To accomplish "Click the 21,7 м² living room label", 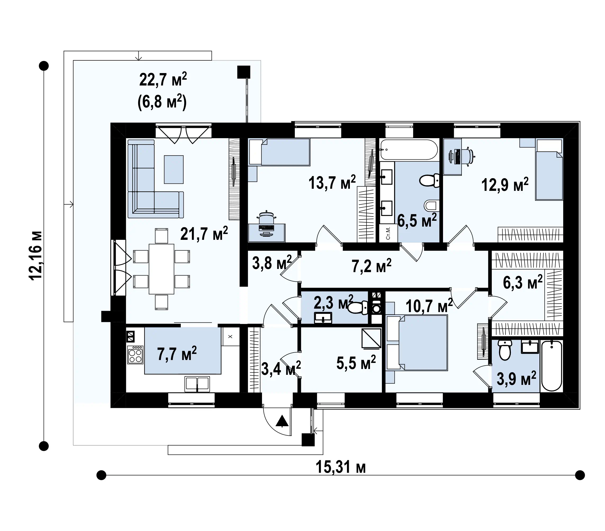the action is coord(204,234).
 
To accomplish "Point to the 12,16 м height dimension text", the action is coord(36,255).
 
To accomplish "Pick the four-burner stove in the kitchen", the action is coord(135,355).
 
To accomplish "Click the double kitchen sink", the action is coord(197,384).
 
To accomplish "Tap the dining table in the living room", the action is coord(161,269).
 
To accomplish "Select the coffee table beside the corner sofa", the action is coord(174,169).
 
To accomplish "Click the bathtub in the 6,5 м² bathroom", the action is coord(409,150).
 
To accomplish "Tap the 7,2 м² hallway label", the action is coord(372,265).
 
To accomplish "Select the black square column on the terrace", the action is coord(243,72).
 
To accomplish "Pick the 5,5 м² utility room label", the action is coord(356,363).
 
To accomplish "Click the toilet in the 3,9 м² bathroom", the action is coord(505,350).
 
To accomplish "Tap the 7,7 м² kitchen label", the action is coord(177,354).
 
